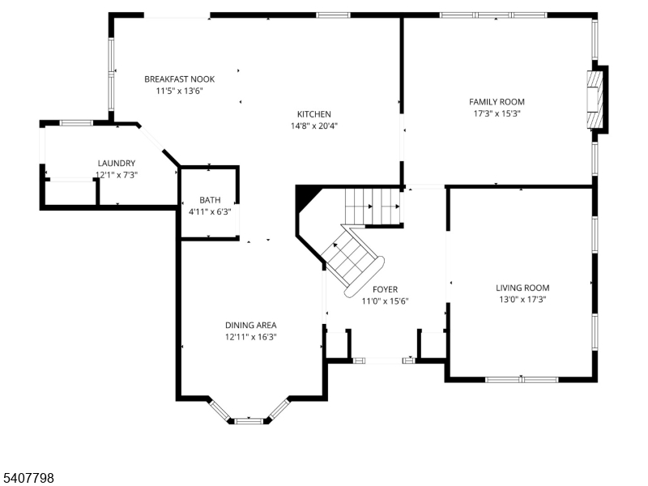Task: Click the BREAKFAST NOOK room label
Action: [x=179, y=79]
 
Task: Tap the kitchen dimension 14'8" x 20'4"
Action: [x=313, y=126]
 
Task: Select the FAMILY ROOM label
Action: [x=497, y=101]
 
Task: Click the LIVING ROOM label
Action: [x=522, y=288]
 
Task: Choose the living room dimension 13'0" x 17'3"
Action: [x=522, y=300]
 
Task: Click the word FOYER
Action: [x=385, y=289]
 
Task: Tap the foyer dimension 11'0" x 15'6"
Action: [x=385, y=301]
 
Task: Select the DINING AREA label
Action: [x=251, y=325]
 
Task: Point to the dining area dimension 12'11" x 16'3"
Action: [x=251, y=337]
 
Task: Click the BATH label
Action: [x=210, y=199]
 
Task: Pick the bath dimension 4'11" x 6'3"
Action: [x=210, y=211]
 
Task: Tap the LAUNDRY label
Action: [x=116, y=163]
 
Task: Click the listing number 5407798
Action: [x=28, y=479]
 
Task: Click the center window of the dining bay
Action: [x=249, y=420]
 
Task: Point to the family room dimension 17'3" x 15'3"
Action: [x=497, y=113]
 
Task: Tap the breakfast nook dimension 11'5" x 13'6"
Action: [x=179, y=91]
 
